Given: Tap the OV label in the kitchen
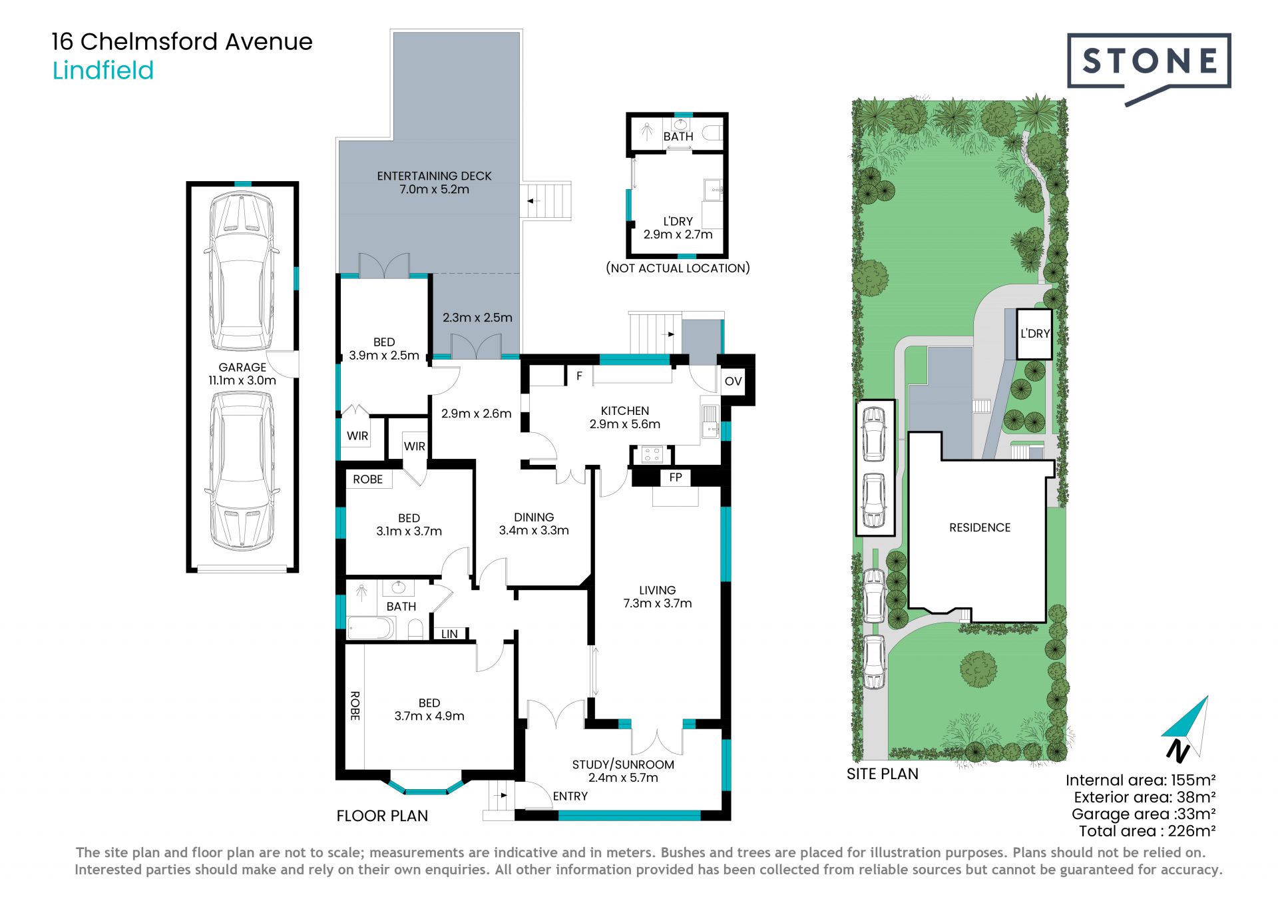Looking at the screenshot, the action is tap(733, 382).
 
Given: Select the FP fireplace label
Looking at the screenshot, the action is tap(676, 477).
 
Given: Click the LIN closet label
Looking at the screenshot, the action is tap(449, 634).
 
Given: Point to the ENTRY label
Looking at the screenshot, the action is tap(570, 796).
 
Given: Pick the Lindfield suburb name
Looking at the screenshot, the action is tap(103, 71).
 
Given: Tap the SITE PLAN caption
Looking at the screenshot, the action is tap(883, 774).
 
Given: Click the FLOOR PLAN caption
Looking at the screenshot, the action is tap(382, 816).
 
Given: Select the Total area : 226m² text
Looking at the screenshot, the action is tap(1148, 831).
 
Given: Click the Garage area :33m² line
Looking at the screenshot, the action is tap(1144, 814).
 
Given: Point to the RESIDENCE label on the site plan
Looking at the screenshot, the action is tap(980, 527).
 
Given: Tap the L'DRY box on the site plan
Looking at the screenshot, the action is tap(1034, 334).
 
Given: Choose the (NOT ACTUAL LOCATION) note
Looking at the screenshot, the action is tap(678, 268).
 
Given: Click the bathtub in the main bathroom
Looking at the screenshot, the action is tap(371, 628).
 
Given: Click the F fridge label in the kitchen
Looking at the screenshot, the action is tap(579, 376).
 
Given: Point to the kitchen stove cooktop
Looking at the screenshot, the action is tap(651, 455).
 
